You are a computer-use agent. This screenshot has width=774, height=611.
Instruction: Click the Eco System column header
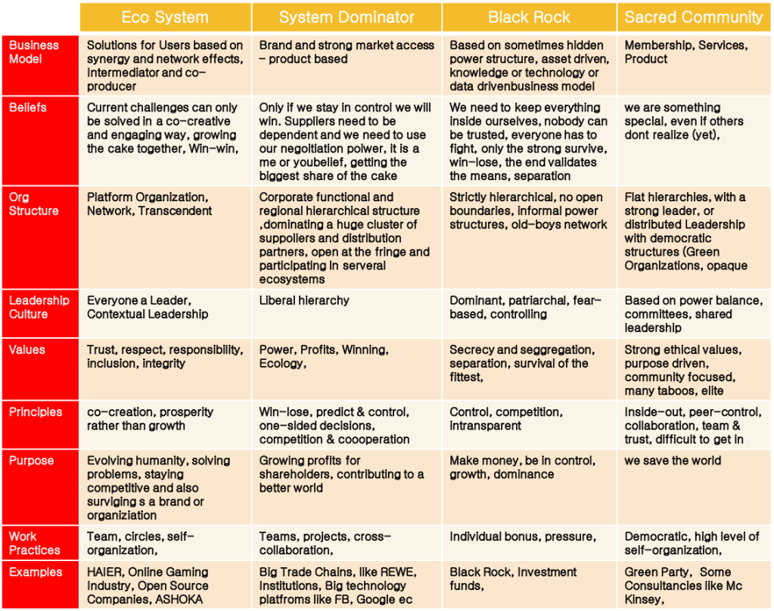click(x=166, y=17)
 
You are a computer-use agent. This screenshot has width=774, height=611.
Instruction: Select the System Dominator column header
click(x=347, y=17)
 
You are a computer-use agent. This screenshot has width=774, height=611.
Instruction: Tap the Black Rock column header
click(x=529, y=17)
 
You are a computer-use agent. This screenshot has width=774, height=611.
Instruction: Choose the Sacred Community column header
click(x=694, y=17)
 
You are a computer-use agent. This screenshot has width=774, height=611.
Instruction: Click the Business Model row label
click(x=34, y=52)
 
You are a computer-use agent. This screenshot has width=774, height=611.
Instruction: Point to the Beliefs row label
click(x=28, y=107)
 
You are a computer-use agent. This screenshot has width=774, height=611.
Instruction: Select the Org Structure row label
click(x=33, y=204)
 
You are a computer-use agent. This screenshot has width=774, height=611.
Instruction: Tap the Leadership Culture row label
click(x=39, y=307)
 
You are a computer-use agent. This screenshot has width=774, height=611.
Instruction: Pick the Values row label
click(x=27, y=349)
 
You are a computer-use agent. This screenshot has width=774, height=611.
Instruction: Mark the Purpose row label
click(x=31, y=461)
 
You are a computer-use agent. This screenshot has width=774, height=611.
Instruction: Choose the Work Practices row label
click(x=34, y=543)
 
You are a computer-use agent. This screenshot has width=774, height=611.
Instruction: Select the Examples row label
click(x=34, y=572)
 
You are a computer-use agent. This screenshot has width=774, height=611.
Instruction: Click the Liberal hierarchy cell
click(x=304, y=300)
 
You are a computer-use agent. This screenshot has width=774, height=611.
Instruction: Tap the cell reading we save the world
click(x=673, y=461)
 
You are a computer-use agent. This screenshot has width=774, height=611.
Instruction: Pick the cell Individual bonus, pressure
click(x=522, y=536)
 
